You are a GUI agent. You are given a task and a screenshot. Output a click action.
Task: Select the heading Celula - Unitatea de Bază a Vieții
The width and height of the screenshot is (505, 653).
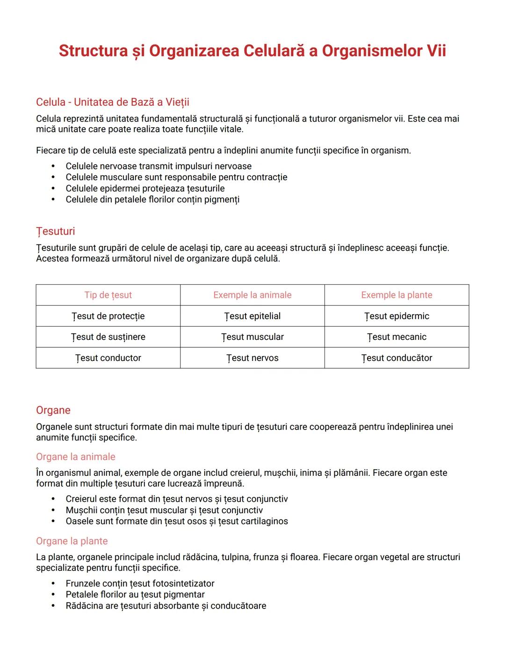[x=112, y=102]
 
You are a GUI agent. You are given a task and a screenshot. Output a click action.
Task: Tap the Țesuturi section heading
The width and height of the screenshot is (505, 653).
[x=55, y=231]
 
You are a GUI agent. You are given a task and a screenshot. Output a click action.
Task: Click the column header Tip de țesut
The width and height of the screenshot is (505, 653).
[x=108, y=295]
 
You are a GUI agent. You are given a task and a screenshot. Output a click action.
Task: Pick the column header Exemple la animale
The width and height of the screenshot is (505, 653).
[x=252, y=295]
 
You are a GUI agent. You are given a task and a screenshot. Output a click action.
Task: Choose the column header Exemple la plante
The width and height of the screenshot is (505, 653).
[x=397, y=295]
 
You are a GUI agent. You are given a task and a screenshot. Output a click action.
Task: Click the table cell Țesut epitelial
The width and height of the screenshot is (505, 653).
[x=252, y=316]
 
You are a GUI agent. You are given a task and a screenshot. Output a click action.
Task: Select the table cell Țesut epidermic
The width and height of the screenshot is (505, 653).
[x=397, y=316]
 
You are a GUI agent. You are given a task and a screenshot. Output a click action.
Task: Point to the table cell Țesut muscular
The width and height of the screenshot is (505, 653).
[x=252, y=337]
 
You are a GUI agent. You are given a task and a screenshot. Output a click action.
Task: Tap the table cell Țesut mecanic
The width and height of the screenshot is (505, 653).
[x=397, y=337]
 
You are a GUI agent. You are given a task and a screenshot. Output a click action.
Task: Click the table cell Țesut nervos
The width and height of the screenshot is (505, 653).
[x=252, y=358]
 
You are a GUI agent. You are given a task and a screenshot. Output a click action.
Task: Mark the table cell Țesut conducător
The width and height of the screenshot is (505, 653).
[x=397, y=358]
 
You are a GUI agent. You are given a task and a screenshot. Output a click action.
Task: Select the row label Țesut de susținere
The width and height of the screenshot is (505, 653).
[x=108, y=337]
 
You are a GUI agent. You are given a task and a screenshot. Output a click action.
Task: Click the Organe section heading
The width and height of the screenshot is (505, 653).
[x=53, y=410]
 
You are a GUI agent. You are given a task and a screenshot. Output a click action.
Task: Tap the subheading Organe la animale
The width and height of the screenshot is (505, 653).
[x=76, y=457]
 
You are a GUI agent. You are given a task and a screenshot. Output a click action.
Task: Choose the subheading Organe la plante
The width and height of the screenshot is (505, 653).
[x=72, y=541]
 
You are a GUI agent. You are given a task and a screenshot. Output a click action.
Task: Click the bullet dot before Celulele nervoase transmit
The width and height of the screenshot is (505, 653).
[x=53, y=166]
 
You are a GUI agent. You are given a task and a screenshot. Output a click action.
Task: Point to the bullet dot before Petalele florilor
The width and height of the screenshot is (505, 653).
[x=53, y=595]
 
